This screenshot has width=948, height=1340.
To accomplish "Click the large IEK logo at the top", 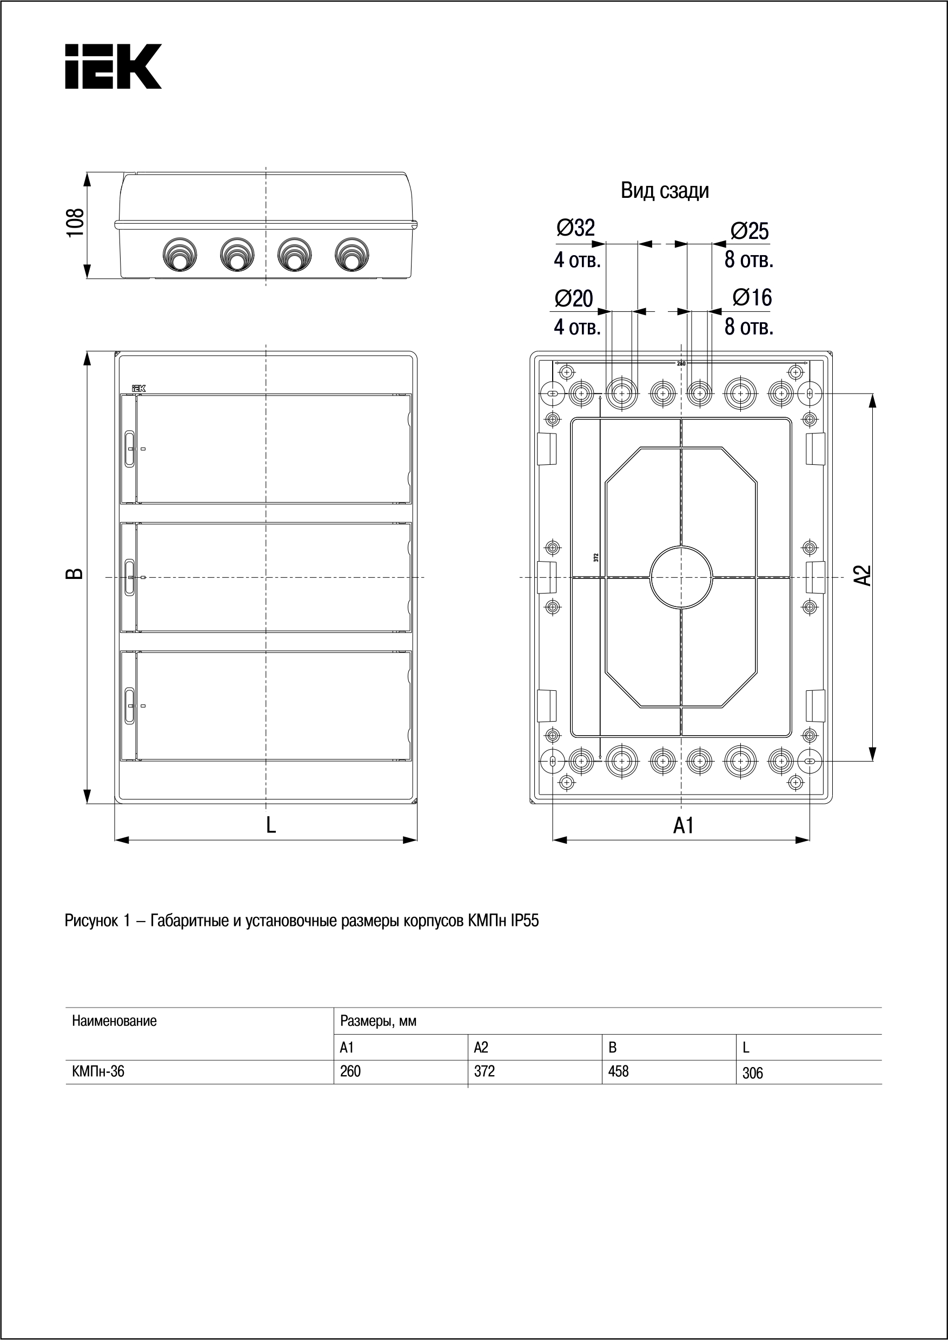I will pos(112,66).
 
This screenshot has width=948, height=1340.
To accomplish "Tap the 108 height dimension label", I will pos(76,222).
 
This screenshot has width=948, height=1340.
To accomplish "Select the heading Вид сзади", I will pos(664,191).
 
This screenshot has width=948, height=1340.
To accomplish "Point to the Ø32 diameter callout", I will pos(575,228).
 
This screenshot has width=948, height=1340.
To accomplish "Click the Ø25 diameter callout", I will pos(750,231).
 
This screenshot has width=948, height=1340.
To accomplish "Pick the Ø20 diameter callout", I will pos(574,298).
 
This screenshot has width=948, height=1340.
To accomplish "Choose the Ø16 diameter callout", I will pos(752,297).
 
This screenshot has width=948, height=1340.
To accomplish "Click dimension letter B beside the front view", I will pos(75,574).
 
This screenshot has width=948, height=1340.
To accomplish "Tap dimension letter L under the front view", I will pos(271,825).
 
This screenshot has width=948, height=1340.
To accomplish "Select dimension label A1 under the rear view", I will pos(684,825).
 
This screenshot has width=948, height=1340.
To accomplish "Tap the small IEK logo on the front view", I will pos(138,388).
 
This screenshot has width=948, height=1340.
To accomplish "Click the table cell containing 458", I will pos(618,1071).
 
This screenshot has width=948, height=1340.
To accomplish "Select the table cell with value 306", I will pos(752,1072).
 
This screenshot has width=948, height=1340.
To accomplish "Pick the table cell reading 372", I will pos(485,1071).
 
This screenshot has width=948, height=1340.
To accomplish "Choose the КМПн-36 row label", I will pos(98,1071).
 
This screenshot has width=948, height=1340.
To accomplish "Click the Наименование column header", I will pos(115,1021).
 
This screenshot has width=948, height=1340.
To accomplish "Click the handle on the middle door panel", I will pos(130,577).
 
